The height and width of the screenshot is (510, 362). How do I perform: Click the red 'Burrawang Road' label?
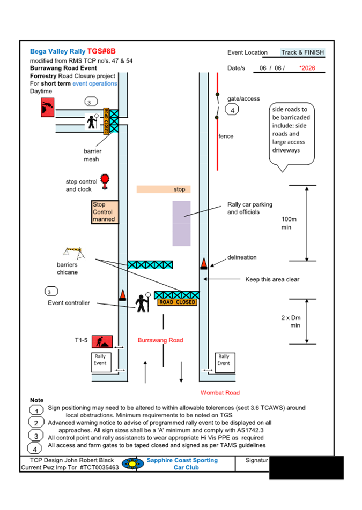click(160, 340)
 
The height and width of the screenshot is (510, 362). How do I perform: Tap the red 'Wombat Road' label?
click(220, 393)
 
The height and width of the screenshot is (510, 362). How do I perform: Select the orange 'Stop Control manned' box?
click(104, 212)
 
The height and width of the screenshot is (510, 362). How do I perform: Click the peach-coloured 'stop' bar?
click(164, 189)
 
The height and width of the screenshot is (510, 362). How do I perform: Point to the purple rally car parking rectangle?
click(181, 224)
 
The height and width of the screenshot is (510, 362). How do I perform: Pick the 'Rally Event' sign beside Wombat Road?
click(224, 360)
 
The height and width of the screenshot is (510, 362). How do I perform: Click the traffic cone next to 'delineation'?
click(204, 263)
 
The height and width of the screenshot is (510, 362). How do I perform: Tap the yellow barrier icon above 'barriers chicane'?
click(73, 251)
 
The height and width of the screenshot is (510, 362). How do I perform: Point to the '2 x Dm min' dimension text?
click(291, 321)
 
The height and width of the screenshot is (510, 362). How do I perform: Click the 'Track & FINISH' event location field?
click(302, 52)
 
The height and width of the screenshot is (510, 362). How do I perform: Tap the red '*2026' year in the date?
click(307, 68)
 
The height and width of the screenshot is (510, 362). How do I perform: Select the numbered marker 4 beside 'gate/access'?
click(232, 110)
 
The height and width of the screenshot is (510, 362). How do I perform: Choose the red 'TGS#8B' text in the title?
click(101, 51)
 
